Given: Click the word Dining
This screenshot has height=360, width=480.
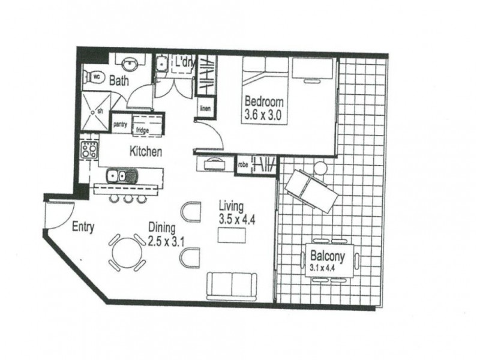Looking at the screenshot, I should [x=162, y=228].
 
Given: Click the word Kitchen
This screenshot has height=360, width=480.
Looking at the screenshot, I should [x=146, y=152].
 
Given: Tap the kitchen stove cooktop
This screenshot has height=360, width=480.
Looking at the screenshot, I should [x=90, y=150].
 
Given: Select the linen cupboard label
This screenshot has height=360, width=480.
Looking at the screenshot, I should [x=205, y=109].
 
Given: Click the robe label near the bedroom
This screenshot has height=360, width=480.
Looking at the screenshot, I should [x=244, y=163].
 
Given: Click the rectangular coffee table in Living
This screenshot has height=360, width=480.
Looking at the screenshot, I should [x=232, y=236].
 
